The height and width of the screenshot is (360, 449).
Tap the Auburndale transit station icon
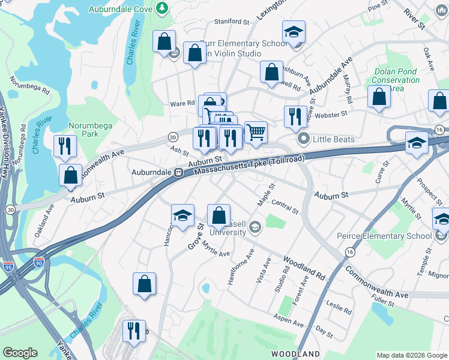click(178, 173)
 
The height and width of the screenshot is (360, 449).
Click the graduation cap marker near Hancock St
click(182, 215)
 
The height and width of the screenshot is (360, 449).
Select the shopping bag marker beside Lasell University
click(219, 215)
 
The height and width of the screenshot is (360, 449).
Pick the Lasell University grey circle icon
click(255, 226)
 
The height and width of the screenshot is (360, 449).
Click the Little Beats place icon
click(304, 139)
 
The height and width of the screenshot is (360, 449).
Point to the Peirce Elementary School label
click(391, 236)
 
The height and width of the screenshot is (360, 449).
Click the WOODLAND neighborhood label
click(295, 354)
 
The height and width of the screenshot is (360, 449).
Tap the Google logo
click(20, 353)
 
